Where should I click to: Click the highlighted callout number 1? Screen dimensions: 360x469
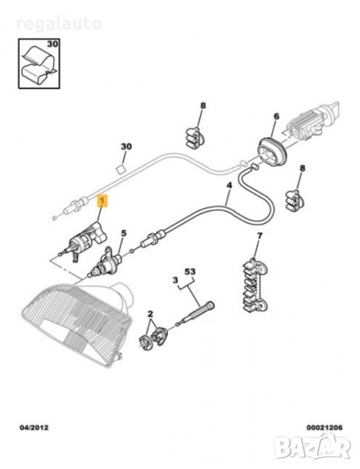tap(102, 201)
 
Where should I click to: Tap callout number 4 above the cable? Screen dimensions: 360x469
tap(229, 185)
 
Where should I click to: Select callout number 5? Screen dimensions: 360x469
tap(123, 233)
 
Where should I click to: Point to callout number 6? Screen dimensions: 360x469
tap(276, 116)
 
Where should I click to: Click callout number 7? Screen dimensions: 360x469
tap(259, 236)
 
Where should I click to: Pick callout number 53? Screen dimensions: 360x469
tap(190, 271)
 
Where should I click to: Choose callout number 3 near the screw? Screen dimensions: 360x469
tap(176, 281)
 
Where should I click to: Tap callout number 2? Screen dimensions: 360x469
tap(150, 314)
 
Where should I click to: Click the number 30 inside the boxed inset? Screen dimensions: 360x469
tap(52, 44)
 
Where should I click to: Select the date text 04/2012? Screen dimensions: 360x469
tap(34, 428)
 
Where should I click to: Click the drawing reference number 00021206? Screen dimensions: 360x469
tap(324, 428)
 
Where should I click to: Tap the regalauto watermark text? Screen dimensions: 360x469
tap(59, 24)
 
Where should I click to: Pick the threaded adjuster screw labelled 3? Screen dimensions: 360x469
tap(196, 313)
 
